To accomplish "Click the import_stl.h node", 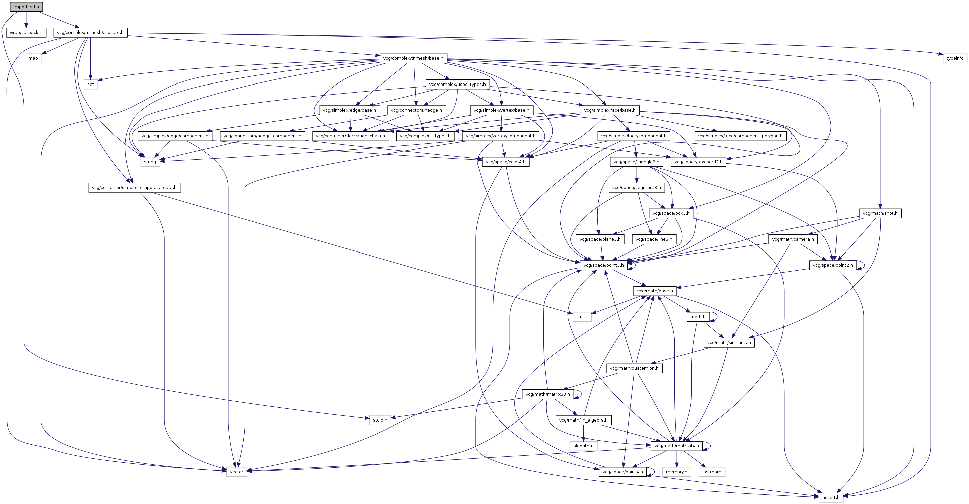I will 26,7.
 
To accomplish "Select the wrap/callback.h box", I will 26,33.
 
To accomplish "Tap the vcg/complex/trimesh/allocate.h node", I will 90,33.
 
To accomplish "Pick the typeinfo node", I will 955,58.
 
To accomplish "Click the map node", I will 33,58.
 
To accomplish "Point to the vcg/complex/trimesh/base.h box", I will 413,58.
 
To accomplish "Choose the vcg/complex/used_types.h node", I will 457,84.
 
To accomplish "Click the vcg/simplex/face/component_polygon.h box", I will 740,136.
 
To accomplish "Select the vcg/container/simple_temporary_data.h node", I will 134,188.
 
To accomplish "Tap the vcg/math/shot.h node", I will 880,213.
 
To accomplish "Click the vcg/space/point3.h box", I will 603,265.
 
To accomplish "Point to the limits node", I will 581,317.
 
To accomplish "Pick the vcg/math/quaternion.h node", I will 634,368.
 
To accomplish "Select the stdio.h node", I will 380,420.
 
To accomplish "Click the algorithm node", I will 583,446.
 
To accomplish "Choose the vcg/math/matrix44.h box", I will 676,446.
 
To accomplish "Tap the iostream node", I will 711,472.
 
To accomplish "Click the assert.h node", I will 831,497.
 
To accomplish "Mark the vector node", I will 236,472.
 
